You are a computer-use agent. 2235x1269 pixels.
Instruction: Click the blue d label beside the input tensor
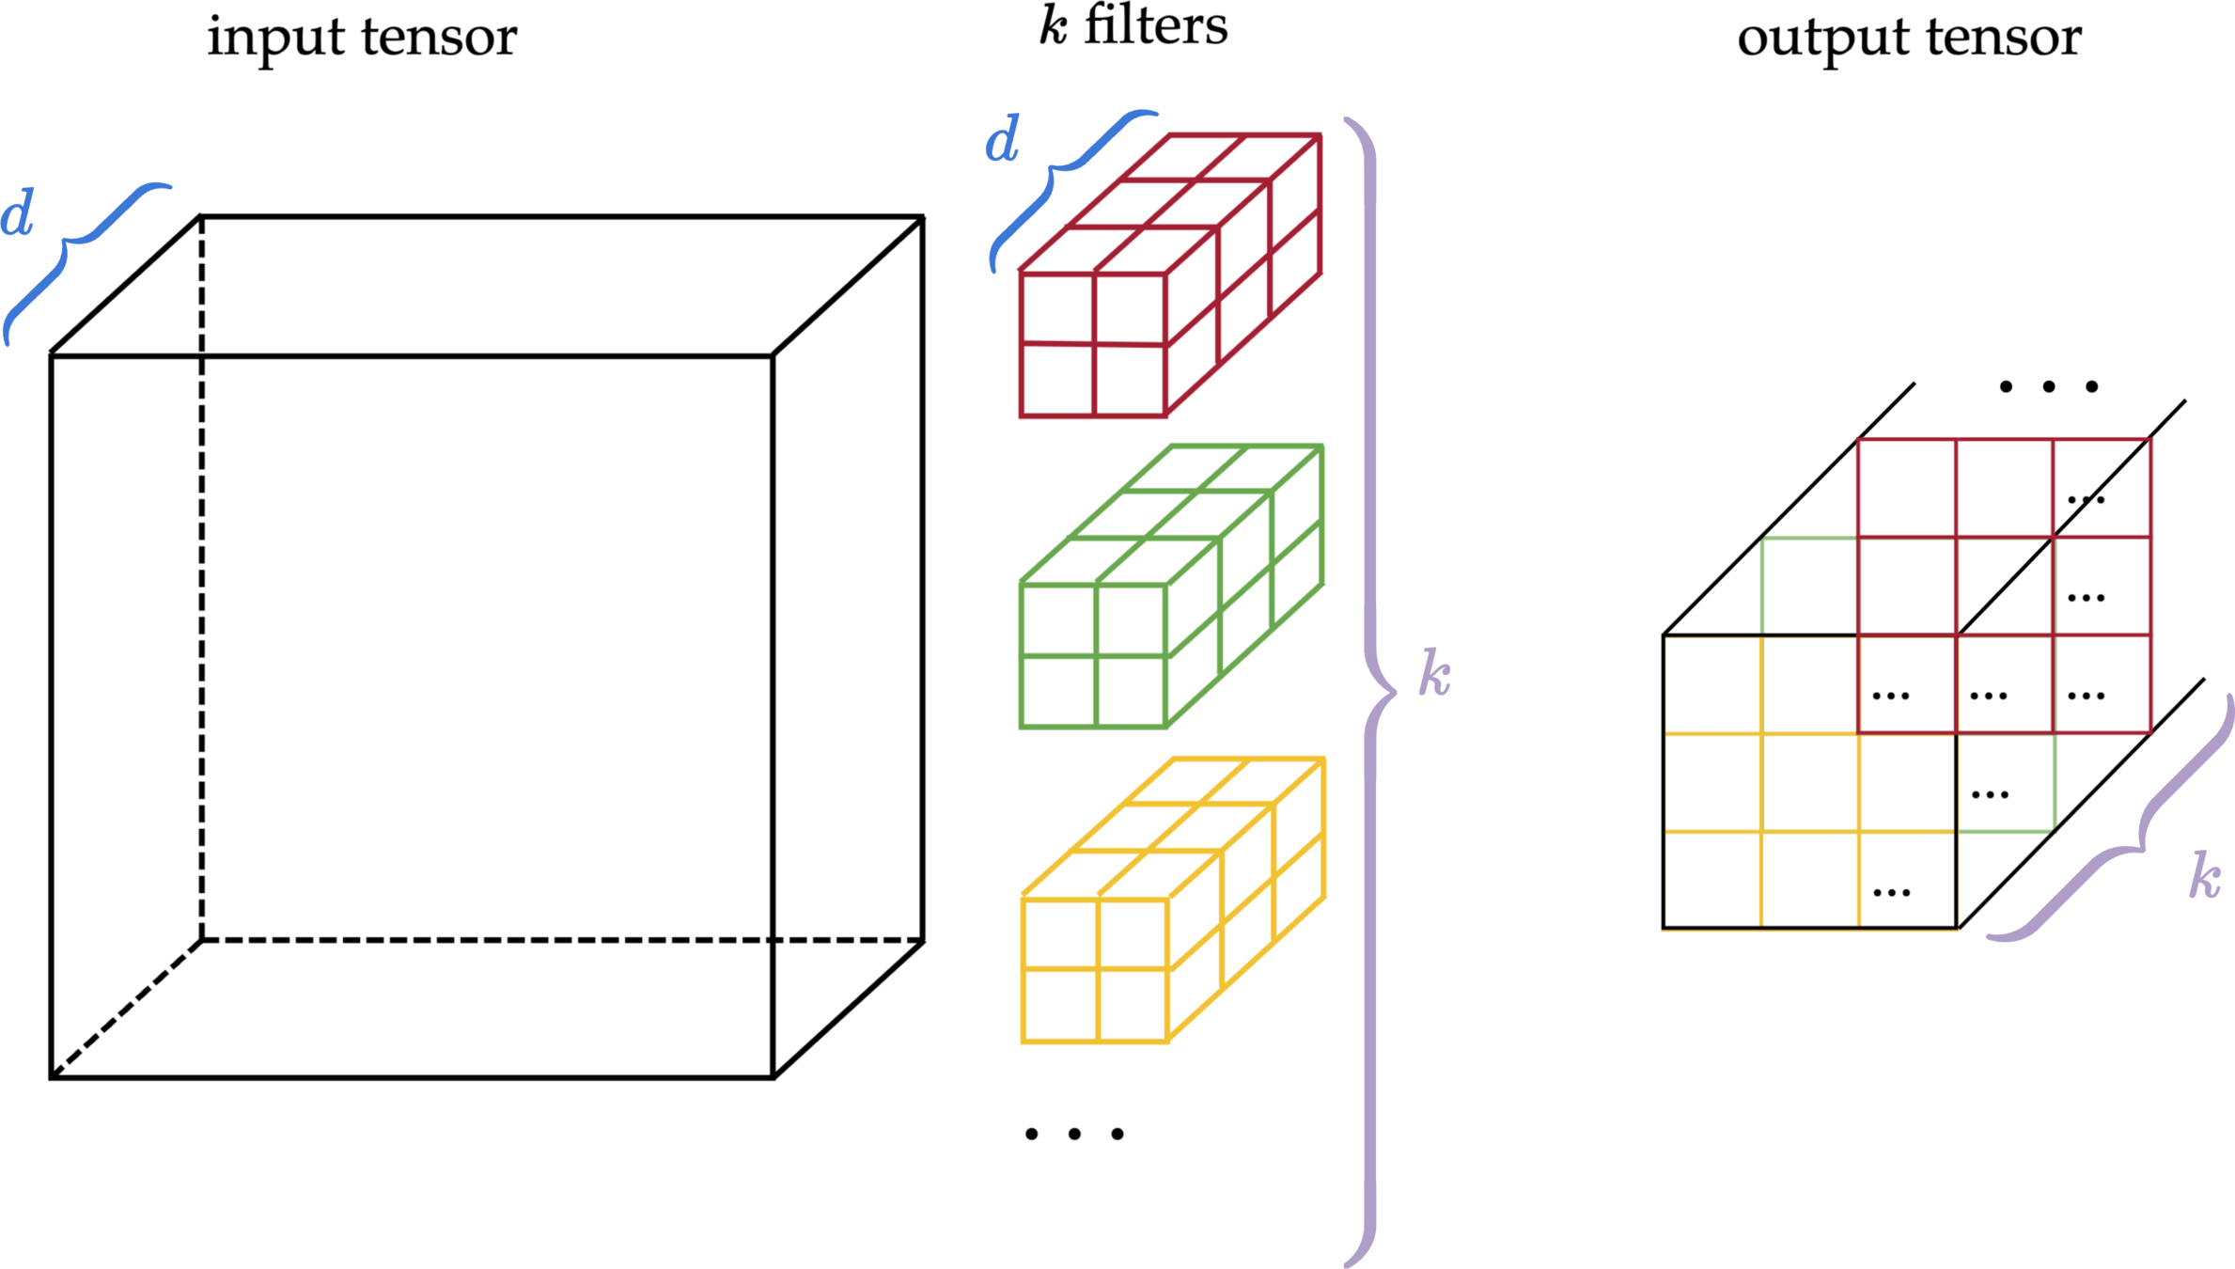17,213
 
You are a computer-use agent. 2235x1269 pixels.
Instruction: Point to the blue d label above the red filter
1002,141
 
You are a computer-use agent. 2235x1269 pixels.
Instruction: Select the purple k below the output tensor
2205,876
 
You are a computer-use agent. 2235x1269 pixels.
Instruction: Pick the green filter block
1170,586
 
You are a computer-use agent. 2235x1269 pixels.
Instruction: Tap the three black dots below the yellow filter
1074,1135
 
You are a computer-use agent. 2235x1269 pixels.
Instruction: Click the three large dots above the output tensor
2049,386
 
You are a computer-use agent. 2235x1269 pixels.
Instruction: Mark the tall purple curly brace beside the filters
1371,692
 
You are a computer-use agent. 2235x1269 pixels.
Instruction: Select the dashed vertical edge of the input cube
201,578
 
